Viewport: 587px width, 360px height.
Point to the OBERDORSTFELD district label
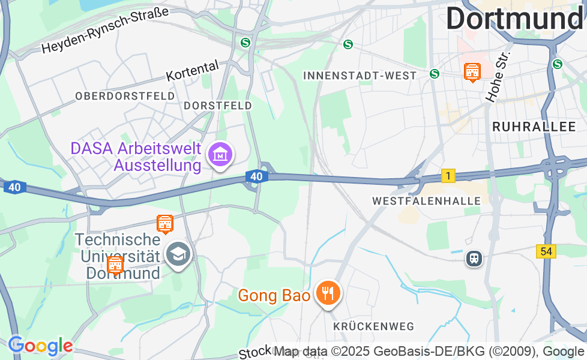tap(125, 96)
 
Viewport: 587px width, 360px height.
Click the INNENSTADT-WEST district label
tap(360, 76)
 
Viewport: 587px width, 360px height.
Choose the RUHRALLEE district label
tap(534, 127)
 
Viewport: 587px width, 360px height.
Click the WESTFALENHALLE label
tap(426, 201)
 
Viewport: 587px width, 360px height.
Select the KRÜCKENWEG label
tap(374, 326)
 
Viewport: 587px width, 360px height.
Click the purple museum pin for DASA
tap(220, 155)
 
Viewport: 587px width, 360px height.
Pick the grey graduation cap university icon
tap(178, 254)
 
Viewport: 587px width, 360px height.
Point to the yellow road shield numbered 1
tap(448, 176)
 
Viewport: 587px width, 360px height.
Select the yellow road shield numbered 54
tap(546, 251)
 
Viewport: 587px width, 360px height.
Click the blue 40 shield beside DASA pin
tap(256, 176)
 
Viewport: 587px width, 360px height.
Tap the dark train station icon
tap(474, 259)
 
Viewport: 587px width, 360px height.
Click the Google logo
tap(40, 346)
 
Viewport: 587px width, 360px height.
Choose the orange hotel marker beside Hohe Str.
tap(472, 72)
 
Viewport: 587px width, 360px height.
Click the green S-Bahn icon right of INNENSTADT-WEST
tap(434, 73)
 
